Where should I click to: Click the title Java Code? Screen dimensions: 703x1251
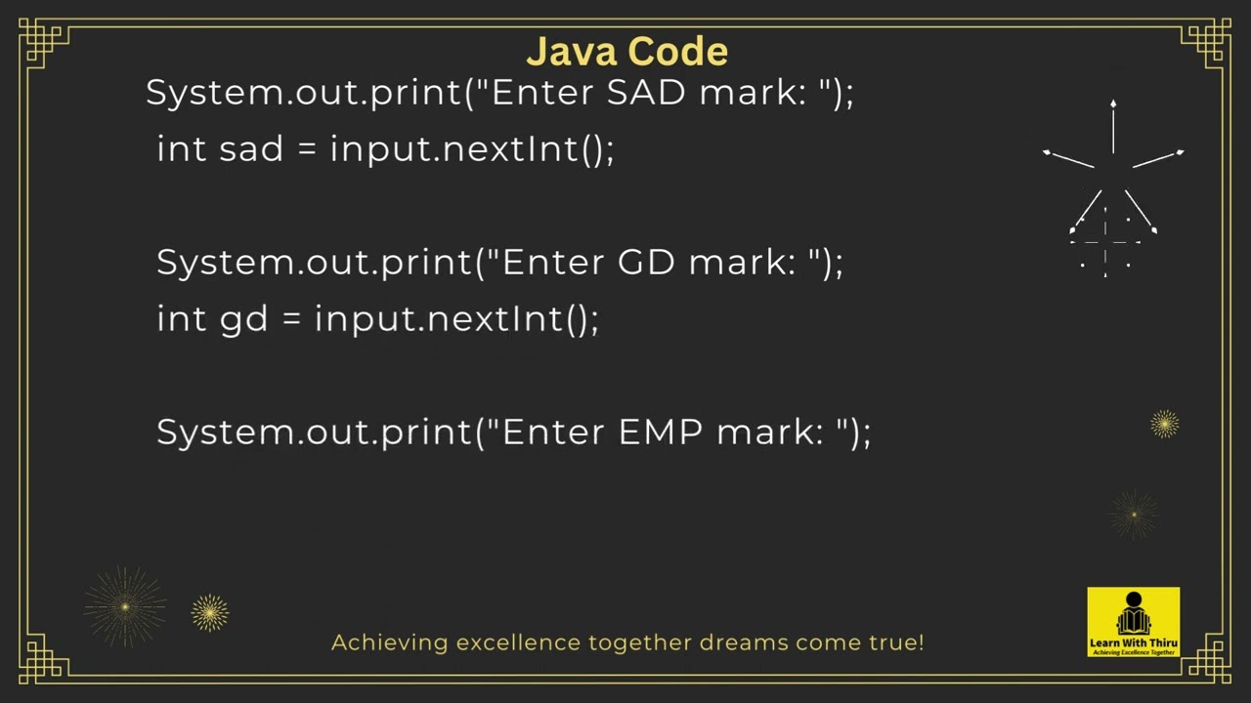click(626, 51)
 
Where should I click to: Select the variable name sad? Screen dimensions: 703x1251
click(251, 149)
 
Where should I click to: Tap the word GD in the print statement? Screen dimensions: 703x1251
click(646, 263)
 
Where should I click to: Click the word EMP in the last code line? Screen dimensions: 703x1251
click(660, 433)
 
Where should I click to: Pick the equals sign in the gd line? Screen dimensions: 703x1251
click(290, 319)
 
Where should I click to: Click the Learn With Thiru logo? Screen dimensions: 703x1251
click(1133, 621)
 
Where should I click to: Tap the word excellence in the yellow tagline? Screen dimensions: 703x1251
click(518, 642)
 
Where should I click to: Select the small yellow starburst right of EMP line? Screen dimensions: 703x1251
click(1164, 424)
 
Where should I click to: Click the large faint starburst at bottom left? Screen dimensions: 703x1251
click(125, 607)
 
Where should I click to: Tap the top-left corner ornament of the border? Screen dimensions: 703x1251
click(44, 43)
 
